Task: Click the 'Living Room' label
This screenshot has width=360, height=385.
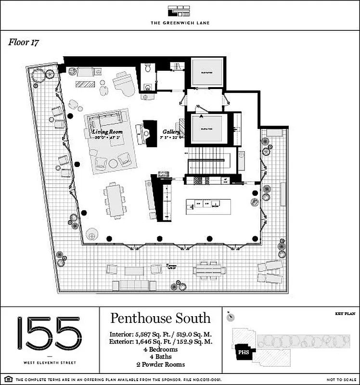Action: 107,132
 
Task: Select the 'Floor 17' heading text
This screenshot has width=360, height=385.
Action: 24,42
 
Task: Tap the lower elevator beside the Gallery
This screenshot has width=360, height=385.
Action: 208,128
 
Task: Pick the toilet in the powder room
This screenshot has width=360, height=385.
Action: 148,70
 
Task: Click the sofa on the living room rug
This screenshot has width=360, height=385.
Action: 105,119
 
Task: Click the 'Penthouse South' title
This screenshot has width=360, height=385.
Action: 160,318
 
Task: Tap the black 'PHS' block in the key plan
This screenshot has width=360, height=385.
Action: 244,352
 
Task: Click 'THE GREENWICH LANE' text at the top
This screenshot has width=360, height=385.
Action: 180,23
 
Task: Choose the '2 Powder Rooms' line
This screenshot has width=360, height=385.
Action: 160,364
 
